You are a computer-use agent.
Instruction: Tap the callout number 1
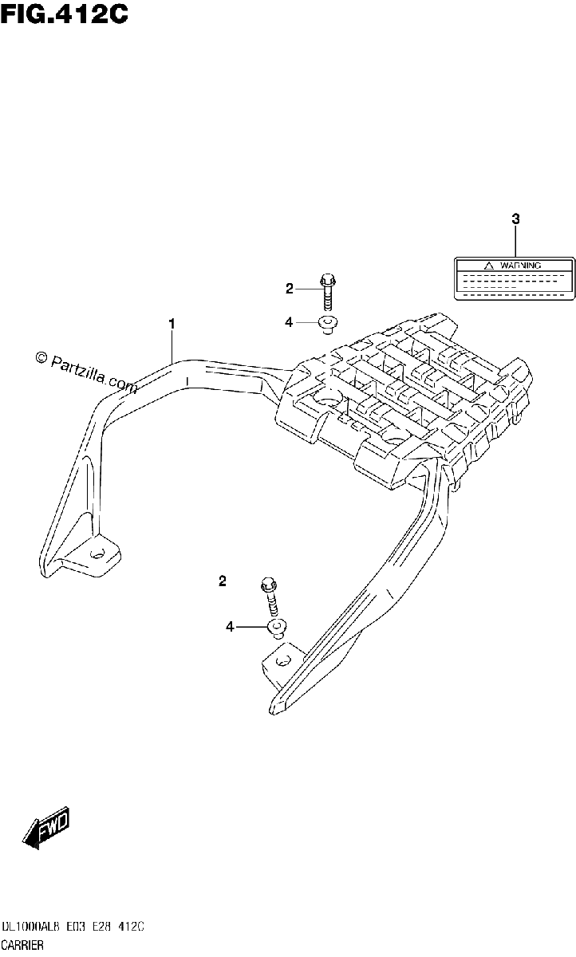click(x=172, y=325)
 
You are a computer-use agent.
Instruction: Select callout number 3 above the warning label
click(x=515, y=219)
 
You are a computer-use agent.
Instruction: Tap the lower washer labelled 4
click(x=277, y=628)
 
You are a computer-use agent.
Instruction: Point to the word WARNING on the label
click(x=520, y=266)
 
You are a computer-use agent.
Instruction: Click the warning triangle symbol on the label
click(x=489, y=266)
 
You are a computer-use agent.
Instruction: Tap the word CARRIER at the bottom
click(x=22, y=945)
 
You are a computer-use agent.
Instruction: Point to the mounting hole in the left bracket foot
click(x=97, y=553)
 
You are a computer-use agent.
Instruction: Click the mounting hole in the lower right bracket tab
click(x=282, y=661)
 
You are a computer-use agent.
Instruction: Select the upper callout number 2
click(x=290, y=289)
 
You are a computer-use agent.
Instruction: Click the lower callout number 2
click(x=223, y=581)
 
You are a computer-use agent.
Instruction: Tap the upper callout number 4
click(x=290, y=322)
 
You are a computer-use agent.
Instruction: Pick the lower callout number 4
click(x=231, y=627)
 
